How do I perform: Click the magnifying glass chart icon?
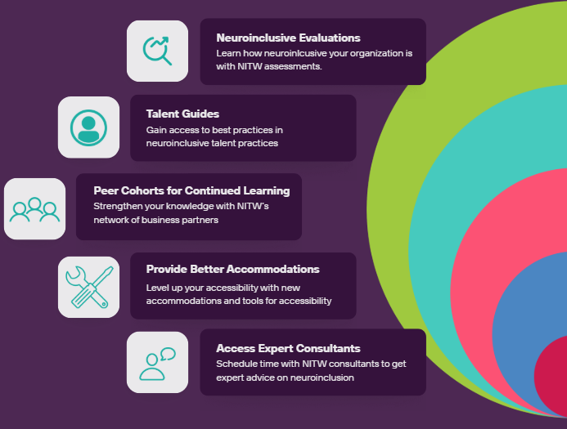[x=157, y=51]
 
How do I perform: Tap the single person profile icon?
[x=88, y=127]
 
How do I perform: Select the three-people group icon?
[x=34, y=208]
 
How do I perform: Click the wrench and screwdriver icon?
[x=88, y=287]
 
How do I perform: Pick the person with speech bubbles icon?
[x=157, y=363]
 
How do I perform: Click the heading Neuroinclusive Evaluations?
[x=288, y=38]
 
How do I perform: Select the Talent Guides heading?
[x=182, y=114]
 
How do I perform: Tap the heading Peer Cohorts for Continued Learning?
[x=191, y=190]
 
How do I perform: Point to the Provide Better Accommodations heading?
[x=232, y=269]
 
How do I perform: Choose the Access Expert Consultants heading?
[x=288, y=348]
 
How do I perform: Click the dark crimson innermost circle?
[x=553, y=376]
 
